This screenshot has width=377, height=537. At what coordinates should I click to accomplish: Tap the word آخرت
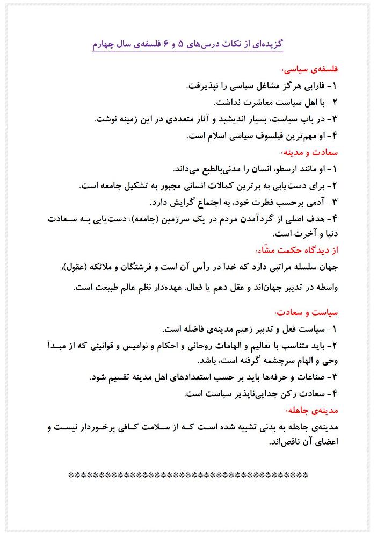292,233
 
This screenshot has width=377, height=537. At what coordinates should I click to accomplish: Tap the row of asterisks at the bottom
189,475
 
